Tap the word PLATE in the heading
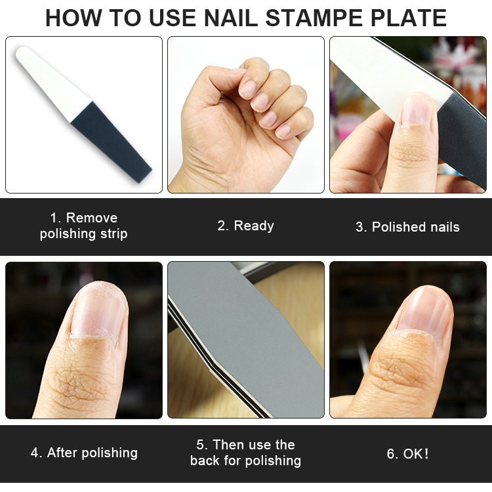[408, 18]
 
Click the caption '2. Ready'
[246, 226]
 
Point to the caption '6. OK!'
[407, 454]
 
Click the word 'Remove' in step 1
[92, 218]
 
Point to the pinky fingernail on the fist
[283, 131]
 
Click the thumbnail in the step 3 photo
[417, 110]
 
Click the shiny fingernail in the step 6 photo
[424, 310]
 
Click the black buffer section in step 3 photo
[461, 138]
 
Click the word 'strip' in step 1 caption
[114, 234]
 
